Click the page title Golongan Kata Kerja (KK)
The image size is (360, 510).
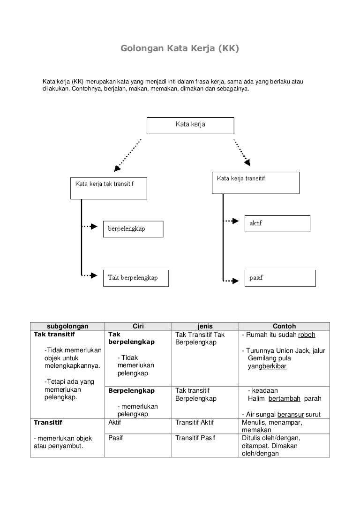coord(180,48)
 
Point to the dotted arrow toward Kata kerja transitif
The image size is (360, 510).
coord(242,152)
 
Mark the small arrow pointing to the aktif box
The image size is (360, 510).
coord(231,221)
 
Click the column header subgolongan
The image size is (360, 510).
coord(67,326)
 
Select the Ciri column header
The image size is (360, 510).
coord(138,326)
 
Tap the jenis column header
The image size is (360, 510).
coord(205,326)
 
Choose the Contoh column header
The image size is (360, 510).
coord(284,326)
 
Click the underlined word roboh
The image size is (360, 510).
coord(307,335)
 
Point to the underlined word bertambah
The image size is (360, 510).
coord(284,398)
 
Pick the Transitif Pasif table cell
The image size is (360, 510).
coord(205,445)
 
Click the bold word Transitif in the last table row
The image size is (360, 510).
coord(49,423)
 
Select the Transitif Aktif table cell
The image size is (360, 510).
coord(205,426)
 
